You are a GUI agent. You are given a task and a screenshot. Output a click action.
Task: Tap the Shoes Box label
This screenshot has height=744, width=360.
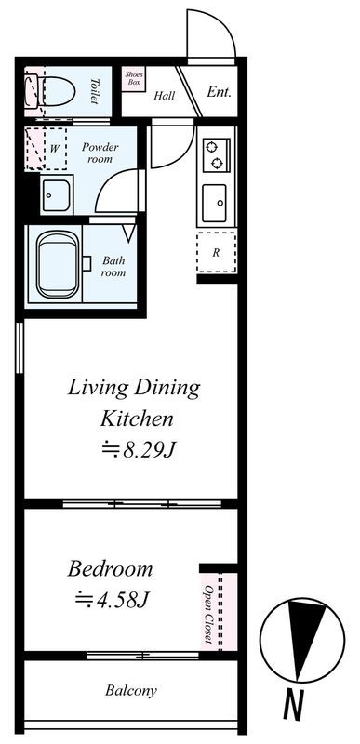click(x=134, y=78)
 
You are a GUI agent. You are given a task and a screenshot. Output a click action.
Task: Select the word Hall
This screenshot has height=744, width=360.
click(x=164, y=96)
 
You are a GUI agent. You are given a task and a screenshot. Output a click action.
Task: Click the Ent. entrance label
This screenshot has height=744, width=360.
click(x=219, y=92)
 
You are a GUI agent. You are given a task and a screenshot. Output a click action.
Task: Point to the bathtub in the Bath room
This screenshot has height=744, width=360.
click(x=59, y=264)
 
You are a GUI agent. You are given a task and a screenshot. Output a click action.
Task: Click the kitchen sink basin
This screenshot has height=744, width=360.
click(x=214, y=203)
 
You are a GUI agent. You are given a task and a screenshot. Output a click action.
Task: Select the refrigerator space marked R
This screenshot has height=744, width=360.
click(x=217, y=252)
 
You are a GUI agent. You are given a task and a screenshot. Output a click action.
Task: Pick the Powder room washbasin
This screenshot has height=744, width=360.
click(x=57, y=195)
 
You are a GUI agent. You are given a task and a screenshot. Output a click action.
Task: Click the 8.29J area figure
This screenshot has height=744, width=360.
click(x=140, y=449)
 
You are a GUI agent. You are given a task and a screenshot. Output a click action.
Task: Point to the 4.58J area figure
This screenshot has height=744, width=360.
click(x=113, y=599)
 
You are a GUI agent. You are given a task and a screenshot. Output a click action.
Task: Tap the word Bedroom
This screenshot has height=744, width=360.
click(x=110, y=568)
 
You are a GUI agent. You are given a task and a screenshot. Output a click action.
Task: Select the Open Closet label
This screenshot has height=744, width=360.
click(x=207, y=614)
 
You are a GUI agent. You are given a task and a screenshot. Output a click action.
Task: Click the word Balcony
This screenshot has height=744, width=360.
click(x=131, y=690)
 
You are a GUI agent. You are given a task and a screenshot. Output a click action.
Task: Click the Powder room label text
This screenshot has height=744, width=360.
click(x=100, y=153)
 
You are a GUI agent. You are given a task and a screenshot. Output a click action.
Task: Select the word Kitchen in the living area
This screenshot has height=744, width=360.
click(x=137, y=419)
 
